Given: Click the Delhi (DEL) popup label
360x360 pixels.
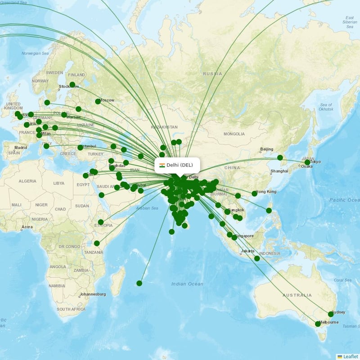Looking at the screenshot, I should [179, 165].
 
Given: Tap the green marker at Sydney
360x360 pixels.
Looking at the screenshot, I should [331, 314].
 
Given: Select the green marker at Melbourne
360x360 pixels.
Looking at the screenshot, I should [318, 324].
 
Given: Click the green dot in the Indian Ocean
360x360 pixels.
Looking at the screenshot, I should [139, 283].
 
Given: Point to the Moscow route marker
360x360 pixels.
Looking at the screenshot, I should [98, 102].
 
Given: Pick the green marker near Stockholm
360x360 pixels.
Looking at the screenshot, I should [72, 85].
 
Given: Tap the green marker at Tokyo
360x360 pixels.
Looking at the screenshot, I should [307, 162].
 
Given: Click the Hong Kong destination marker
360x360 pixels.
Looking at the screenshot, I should [254, 193].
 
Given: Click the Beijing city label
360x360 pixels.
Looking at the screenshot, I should [266, 149].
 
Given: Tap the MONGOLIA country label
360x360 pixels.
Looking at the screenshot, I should [234, 134].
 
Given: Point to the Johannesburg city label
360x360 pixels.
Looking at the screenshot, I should [92, 294].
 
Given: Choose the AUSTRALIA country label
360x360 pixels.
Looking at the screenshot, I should [297, 296].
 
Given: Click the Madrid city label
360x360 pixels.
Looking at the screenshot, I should [21, 148].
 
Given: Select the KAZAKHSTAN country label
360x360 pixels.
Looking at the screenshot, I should [165, 127].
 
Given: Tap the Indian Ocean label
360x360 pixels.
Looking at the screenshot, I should [187, 284].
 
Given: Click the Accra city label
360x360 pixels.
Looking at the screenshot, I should [27, 227].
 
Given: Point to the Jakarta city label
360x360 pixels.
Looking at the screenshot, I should [247, 251].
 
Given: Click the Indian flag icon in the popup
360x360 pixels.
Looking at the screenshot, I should [162, 165].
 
